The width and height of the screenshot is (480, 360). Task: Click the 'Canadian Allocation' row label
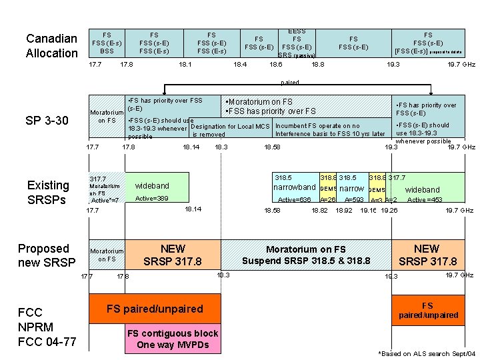point(51,45)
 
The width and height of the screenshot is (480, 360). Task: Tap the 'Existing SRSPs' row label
point(48,192)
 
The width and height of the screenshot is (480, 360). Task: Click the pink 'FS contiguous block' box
point(173,339)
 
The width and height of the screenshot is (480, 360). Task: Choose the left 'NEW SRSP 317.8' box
point(173,255)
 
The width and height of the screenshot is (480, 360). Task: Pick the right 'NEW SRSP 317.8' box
point(427,255)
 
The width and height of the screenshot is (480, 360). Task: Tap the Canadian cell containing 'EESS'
point(297,43)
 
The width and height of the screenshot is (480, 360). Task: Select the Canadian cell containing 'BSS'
point(107,43)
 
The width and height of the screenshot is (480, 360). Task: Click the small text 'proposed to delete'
point(445,51)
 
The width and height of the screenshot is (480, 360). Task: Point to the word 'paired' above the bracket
point(290,83)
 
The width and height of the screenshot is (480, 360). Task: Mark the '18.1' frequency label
point(185,65)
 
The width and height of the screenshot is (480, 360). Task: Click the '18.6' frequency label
point(275,65)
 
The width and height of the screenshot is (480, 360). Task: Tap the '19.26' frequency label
point(389,210)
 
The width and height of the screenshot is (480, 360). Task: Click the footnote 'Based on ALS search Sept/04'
point(427,353)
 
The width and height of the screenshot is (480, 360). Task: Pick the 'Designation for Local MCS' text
point(230,126)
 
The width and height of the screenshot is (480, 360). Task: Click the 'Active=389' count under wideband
point(151,199)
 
